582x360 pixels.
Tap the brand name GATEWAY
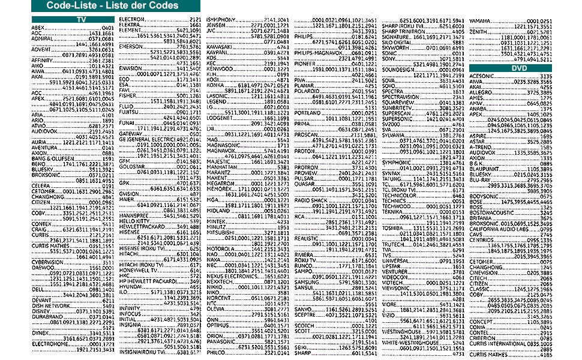click(130, 133)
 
